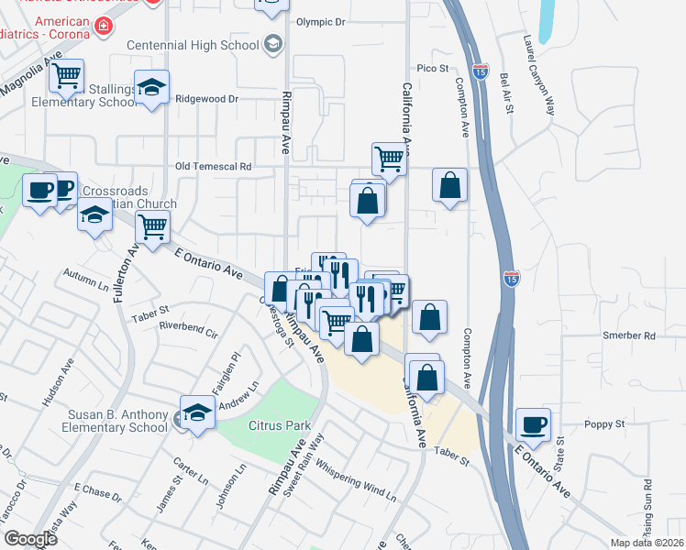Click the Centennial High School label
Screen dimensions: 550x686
coord(193,45)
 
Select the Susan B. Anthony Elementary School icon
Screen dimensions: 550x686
coord(197,413)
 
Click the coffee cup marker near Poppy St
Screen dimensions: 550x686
coord(534,424)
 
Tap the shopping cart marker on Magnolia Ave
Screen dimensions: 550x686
coord(66,77)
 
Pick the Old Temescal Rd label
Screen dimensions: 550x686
coord(213,167)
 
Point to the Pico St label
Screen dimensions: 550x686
coord(432,68)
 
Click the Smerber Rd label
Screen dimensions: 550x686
coord(629,335)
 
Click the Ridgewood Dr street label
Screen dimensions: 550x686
coord(206,98)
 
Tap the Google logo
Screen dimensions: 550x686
coord(30,539)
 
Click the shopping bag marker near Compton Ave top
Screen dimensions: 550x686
coord(450,185)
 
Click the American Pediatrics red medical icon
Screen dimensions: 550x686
coord(104,26)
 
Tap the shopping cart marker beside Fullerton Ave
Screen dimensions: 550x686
coord(152,225)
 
